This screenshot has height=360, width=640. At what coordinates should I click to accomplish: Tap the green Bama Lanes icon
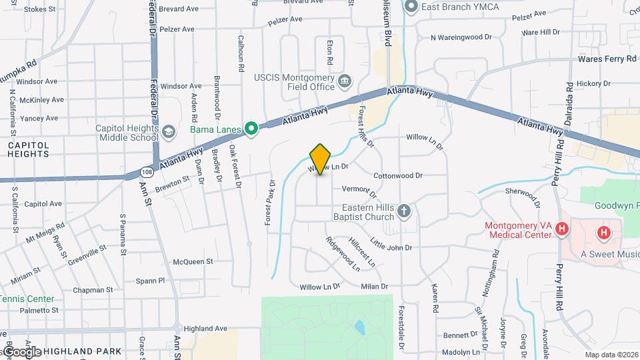click(251, 128)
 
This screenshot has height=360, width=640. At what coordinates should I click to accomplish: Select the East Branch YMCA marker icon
click(411, 7)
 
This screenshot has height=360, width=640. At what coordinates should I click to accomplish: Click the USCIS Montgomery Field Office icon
click(345, 82)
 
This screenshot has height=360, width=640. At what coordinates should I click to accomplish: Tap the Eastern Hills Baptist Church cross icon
click(403, 212)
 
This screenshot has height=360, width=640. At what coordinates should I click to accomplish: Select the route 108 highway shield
click(146, 172)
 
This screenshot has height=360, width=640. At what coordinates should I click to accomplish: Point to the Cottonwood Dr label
click(398, 176)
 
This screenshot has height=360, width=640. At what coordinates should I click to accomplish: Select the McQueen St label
click(193, 262)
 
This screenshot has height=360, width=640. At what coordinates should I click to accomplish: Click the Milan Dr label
click(374, 287)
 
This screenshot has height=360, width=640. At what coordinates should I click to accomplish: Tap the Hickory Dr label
click(593, 84)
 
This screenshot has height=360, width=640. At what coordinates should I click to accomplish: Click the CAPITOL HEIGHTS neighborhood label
click(29, 149)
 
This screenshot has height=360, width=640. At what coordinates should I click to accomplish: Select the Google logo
click(21, 351)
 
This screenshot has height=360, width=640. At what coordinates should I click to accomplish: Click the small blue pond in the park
click(360, 327)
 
